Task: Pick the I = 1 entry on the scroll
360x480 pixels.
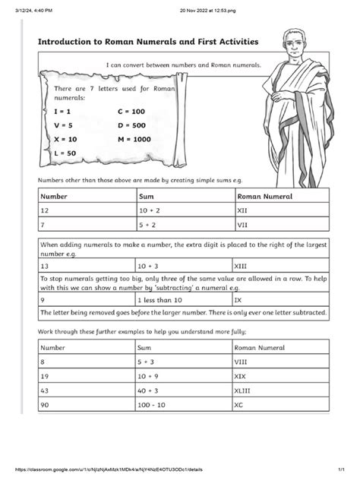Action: coord(62,111)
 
